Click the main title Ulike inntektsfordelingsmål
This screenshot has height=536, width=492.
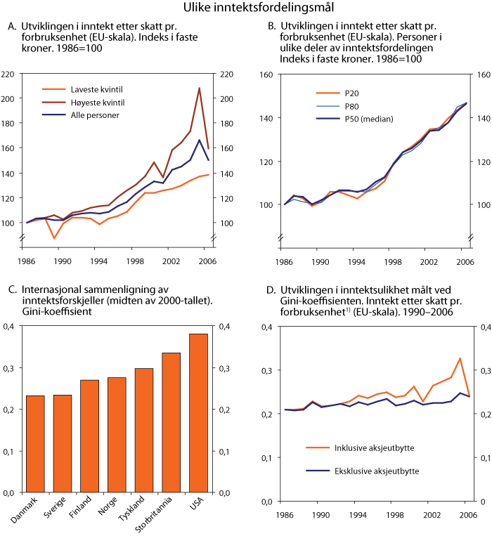tap(246, 8)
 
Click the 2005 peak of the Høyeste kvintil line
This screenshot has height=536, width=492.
tap(200, 89)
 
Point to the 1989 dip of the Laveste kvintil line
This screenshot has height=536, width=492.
tap(54, 239)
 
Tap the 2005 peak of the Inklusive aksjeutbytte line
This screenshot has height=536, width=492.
tap(460, 358)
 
